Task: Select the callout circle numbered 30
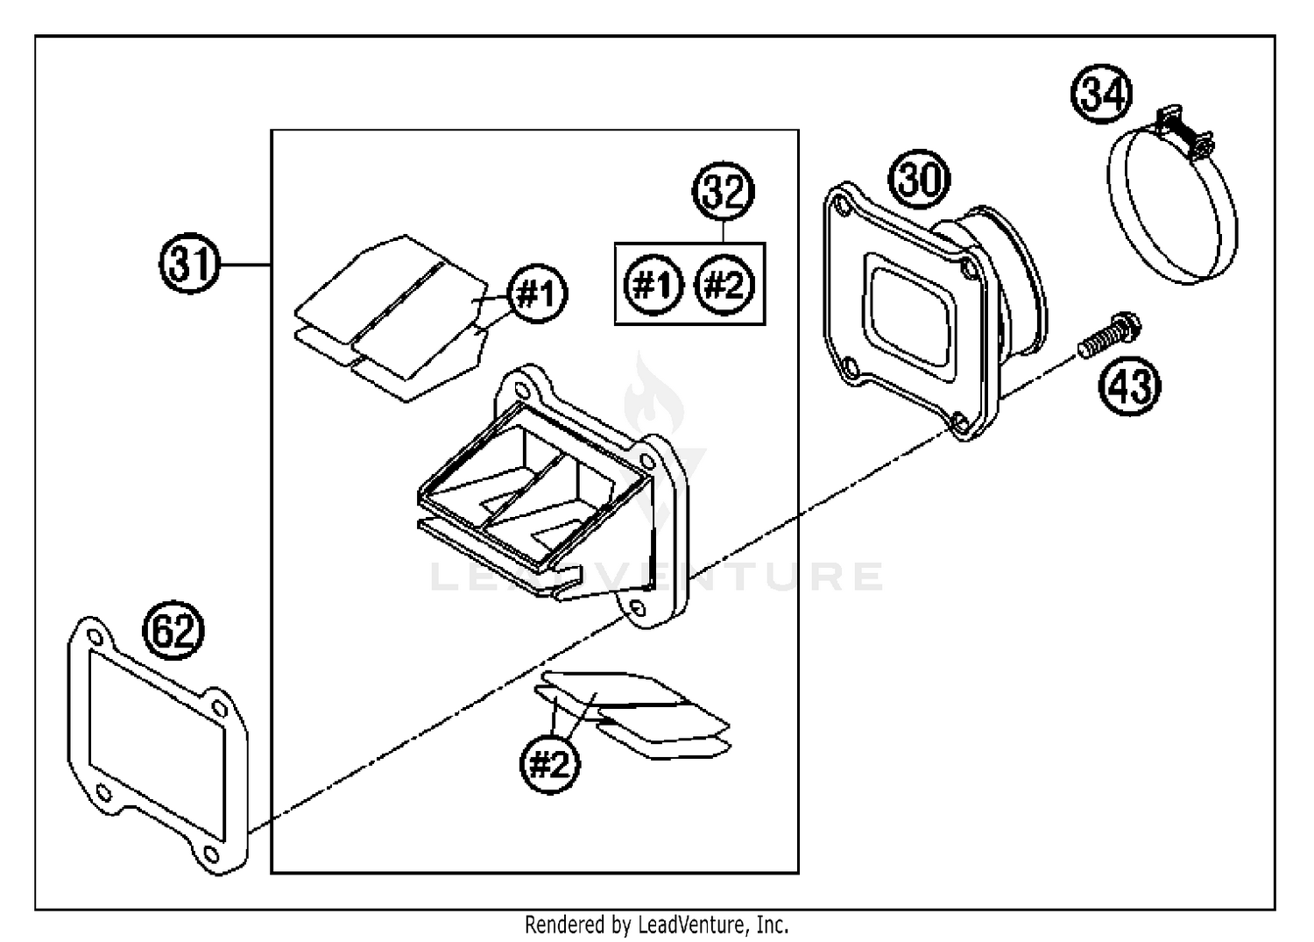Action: point(920,180)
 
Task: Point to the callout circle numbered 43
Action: point(1131,386)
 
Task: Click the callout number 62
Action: point(173,631)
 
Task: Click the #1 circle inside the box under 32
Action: point(653,286)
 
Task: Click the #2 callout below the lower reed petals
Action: point(549,765)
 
